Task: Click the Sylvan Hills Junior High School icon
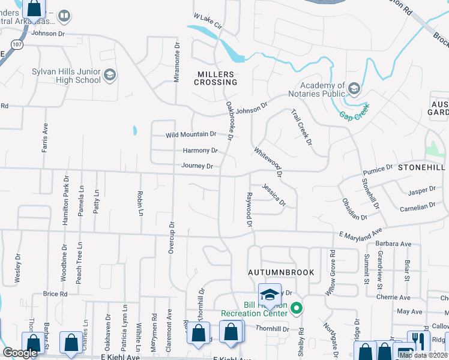(x=109, y=74)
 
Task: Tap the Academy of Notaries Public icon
(x=354, y=89)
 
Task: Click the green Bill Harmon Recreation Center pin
(x=295, y=309)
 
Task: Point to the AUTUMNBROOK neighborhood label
(x=282, y=272)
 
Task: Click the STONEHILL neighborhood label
(x=423, y=168)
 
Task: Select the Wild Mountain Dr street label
(x=191, y=134)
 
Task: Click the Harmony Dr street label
(x=200, y=151)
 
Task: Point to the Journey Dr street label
(x=197, y=166)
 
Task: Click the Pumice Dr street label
(x=377, y=170)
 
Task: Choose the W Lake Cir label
(x=208, y=22)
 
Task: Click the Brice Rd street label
(x=55, y=294)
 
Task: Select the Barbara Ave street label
(x=393, y=244)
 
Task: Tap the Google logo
(x=20, y=353)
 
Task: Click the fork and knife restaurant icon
(x=418, y=340)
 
